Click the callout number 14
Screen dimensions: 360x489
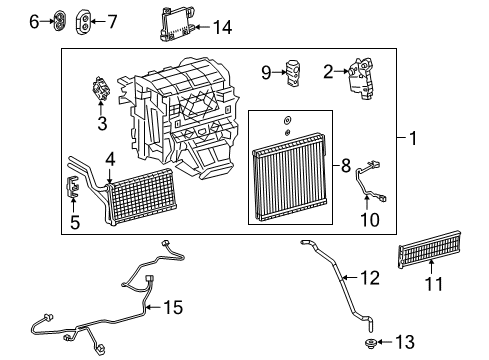click(222, 28)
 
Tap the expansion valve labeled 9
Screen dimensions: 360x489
click(293, 72)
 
